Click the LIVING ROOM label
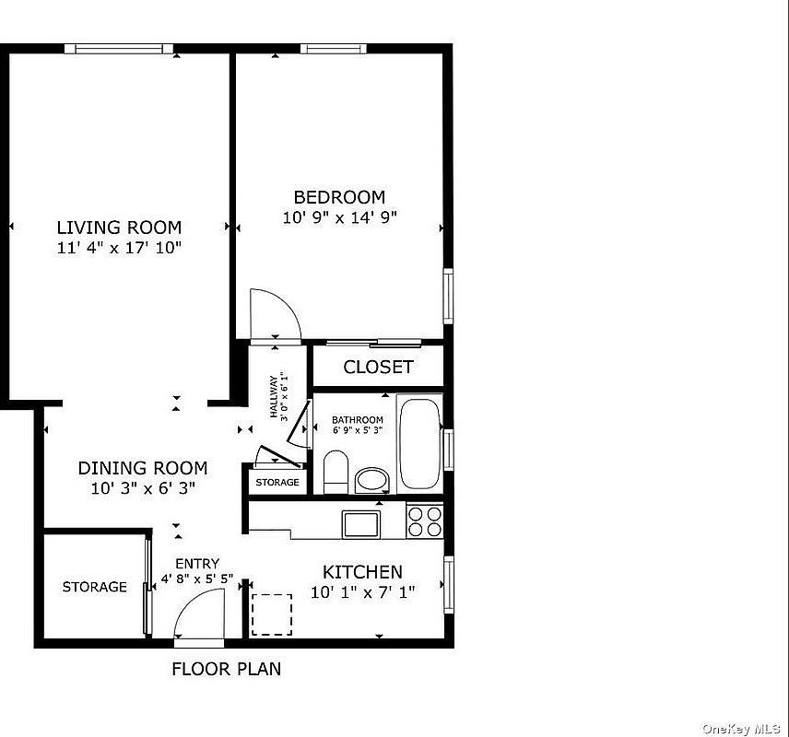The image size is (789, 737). pos(119,228)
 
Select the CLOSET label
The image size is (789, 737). pos(378,367)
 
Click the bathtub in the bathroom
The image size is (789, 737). pos(419,442)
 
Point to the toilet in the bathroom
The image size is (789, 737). pos(335,472)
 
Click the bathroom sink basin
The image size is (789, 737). pos(372,480)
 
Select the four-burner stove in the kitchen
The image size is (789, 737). pos(425,521)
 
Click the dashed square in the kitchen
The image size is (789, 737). pos(272,614)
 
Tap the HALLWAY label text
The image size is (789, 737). pos(275,396)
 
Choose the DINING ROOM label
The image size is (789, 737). pos(142,468)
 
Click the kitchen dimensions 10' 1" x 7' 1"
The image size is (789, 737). pos(362,592)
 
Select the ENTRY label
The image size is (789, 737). pos(197,564)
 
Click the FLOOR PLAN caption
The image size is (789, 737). pos(226,670)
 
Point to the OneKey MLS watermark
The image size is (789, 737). pos(742,728)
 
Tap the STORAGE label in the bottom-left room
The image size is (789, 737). pos(95,587)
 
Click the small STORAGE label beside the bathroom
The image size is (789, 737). pos(277,482)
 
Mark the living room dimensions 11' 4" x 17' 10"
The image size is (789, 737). pos(119,247)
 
